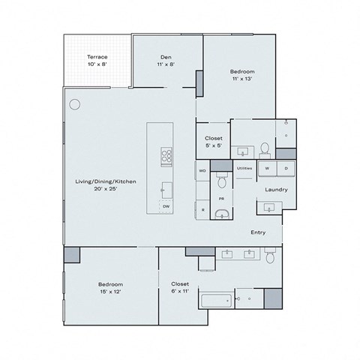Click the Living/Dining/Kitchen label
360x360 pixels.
pos(94,184)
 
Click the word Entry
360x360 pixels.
pos(258,232)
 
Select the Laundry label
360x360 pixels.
pos(275,190)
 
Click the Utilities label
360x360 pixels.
pos(244,169)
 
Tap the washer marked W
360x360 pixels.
pos(268,169)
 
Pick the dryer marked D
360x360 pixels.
pos(286,169)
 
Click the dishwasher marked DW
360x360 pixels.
pos(166,205)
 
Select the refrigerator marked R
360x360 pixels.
pos(202,211)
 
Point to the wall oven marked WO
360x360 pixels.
pos(202,172)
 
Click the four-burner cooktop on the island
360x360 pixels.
pos(166,157)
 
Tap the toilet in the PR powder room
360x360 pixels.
pos(221,181)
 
